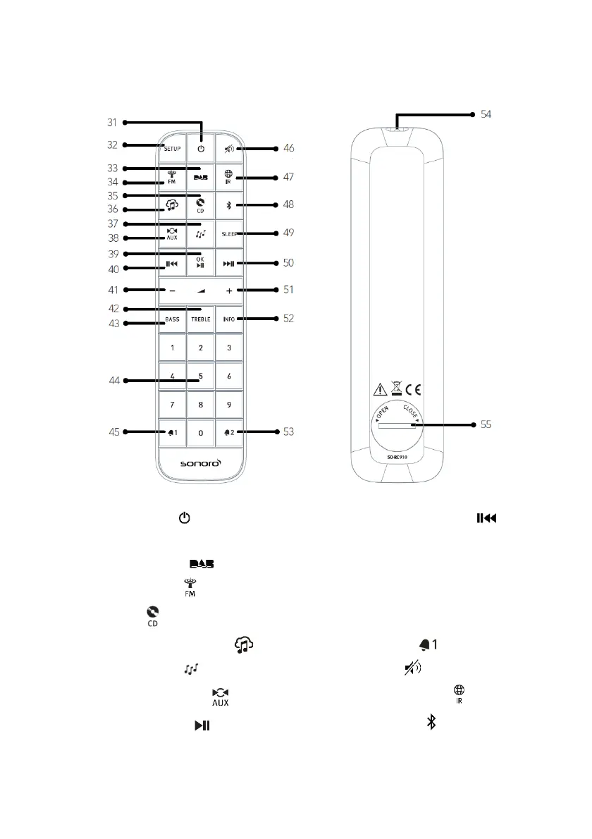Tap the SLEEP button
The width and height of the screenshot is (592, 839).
(x=229, y=234)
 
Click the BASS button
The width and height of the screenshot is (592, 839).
(x=173, y=319)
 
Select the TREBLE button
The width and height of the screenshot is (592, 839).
(x=201, y=319)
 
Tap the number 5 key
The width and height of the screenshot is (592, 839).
(x=201, y=376)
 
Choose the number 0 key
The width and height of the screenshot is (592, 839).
(x=201, y=432)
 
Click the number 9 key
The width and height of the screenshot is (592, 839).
(x=229, y=404)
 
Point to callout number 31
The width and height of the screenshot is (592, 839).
(x=112, y=122)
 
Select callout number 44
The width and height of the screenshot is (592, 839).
(x=112, y=381)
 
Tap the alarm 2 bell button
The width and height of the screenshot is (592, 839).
(x=229, y=432)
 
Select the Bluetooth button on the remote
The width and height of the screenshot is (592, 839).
(x=229, y=206)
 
